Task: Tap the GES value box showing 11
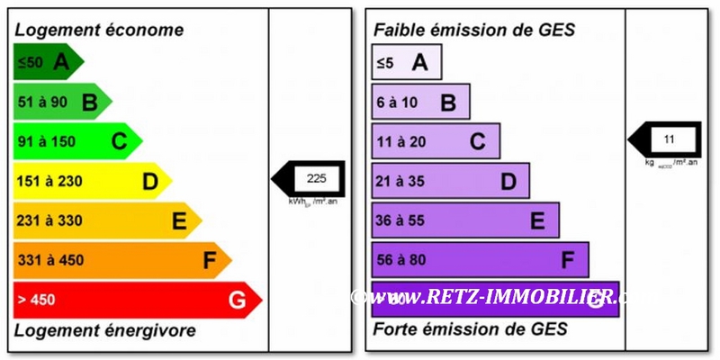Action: click(669, 139)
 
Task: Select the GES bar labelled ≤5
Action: click(406, 62)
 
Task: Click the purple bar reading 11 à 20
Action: click(436, 141)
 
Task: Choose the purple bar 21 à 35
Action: click(450, 181)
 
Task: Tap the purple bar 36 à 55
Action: click(465, 220)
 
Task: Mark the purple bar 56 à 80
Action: click(480, 260)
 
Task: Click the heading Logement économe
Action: click(99, 30)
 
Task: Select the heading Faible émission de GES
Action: click(474, 30)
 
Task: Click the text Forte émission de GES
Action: click(471, 329)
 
